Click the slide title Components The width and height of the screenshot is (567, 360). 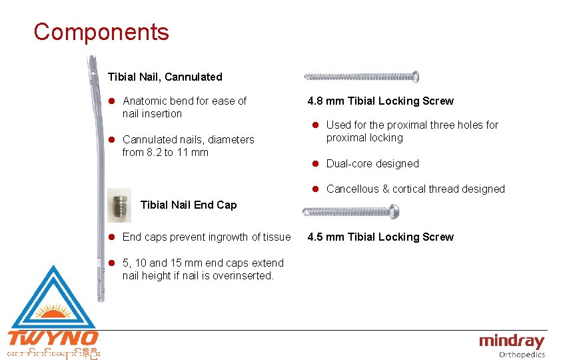point(101,32)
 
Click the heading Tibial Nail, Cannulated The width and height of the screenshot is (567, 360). point(165,77)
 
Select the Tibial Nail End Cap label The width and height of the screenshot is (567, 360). point(189,205)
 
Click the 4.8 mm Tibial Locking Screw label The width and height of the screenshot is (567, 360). point(380,101)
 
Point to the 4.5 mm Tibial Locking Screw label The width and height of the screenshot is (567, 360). point(380,237)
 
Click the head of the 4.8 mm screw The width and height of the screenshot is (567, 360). point(414,77)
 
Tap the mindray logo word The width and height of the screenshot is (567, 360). point(511,341)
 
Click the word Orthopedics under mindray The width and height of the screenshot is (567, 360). point(522,355)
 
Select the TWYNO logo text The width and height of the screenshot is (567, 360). point(53,338)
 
